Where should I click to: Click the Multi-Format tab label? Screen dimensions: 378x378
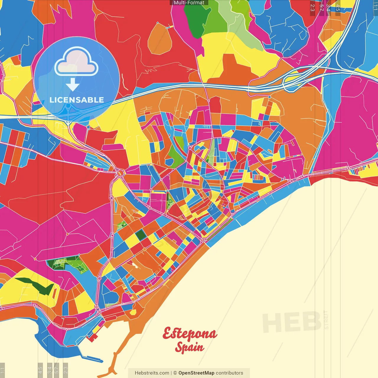(x=189, y=3)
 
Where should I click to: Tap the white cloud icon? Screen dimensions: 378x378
(x=76, y=62)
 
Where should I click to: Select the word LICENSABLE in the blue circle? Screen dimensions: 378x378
(x=76, y=100)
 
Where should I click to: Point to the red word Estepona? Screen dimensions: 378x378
(x=190, y=334)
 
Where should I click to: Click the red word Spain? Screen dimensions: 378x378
(x=189, y=347)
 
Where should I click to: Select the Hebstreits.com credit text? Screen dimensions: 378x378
(x=152, y=373)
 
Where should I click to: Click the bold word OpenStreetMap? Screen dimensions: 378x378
(x=196, y=373)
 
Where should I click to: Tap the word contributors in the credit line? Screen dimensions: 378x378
(x=229, y=373)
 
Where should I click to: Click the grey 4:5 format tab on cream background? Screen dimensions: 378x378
(x=40, y=370)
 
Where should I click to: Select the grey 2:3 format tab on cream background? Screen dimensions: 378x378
(x=66, y=370)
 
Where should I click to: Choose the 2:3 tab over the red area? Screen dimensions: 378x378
(x=312, y=7)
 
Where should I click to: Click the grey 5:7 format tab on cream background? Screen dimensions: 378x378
(x=57, y=370)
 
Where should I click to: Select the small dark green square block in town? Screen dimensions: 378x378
(x=141, y=234)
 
